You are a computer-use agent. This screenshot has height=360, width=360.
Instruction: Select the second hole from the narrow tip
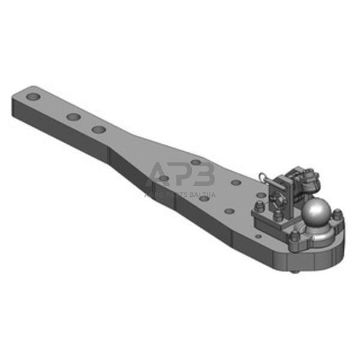(x=73, y=116)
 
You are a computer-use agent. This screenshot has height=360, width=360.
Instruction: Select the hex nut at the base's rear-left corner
(x=259, y=208)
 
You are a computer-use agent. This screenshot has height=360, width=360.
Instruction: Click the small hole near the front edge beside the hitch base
(x=259, y=236)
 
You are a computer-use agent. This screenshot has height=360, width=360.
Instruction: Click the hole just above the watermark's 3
(x=196, y=162)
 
